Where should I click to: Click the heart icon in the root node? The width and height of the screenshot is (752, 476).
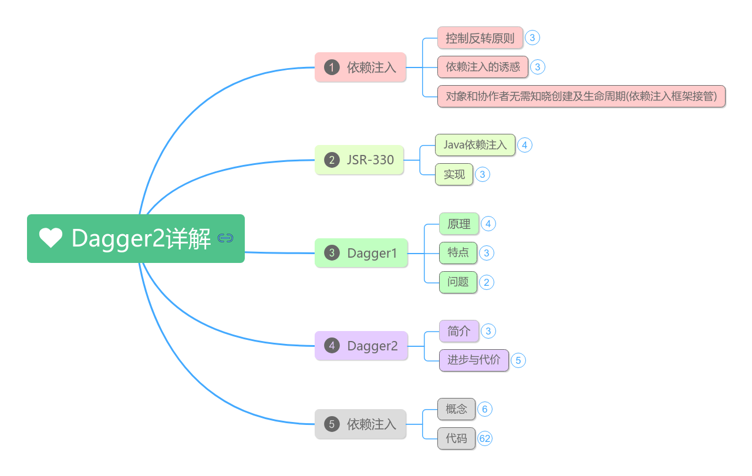point(50,238)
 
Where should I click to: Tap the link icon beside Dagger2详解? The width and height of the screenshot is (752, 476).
point(225,238)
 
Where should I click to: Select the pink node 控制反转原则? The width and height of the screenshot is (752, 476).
point(480,38)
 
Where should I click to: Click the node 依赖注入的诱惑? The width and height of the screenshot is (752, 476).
point(483,67)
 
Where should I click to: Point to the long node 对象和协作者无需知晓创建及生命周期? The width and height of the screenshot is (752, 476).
point(581,96)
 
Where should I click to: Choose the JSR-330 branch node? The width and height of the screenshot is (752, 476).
point(359,160)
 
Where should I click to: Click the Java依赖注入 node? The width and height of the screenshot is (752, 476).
point(475,145)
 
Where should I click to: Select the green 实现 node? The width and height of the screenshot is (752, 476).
point(454,174)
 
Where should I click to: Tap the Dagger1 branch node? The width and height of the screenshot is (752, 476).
point(361,253)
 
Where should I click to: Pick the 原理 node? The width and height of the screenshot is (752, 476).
point(458,224)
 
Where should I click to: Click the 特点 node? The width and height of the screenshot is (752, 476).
point(458,253)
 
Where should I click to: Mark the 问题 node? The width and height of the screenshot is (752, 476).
point(458,282)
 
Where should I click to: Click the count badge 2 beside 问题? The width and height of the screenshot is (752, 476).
point(487,282)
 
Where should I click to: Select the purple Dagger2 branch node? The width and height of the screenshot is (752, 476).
point(361,346)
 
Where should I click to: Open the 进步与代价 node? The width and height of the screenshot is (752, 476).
point(474,360)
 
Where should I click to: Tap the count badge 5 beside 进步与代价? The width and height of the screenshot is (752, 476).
point(518,360)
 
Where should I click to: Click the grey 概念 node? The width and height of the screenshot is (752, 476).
point(456,409)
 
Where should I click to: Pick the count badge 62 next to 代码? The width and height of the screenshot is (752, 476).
point(485,438)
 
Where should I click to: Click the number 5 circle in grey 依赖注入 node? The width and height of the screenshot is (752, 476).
point(332,424)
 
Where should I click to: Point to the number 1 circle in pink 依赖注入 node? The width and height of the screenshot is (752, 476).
point(332,67)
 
